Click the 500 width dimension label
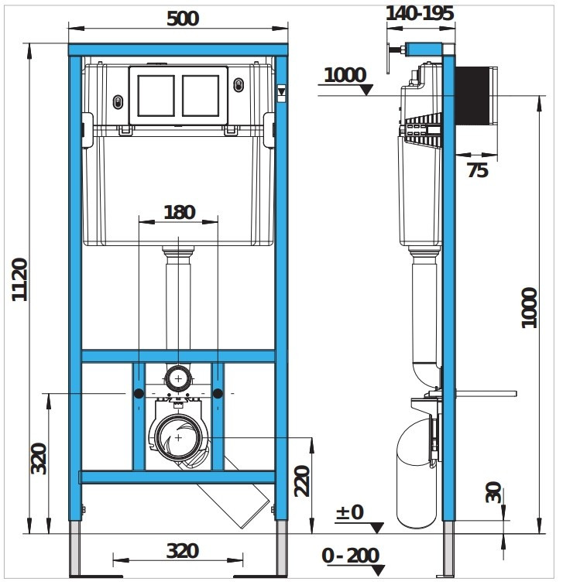(x=183, y=19)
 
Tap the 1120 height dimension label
(x=19, y=279)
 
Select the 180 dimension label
(x=180, y=212)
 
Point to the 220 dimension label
(x=302, y=481)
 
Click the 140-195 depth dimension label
(x=420, y=13)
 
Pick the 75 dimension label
(x=478, y=171)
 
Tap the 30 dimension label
(x=493, y=492)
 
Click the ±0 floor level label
(x=350, y=512)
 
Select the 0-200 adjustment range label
(x=351, y=556)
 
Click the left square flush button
(x=156, y=95)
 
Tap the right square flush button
(x=201, y=95)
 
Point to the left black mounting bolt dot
(x=139, y=393)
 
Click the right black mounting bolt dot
(x=218, y=393)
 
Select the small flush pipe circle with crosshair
(x=178, y=378)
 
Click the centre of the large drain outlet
(x=178, y=437)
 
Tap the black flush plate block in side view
(x=472, y=95)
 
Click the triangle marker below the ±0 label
(x=376, y=528)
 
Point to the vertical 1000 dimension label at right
(x=529, y=308)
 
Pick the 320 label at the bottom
(x=182, y=551)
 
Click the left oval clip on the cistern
(x=118, y=102)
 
